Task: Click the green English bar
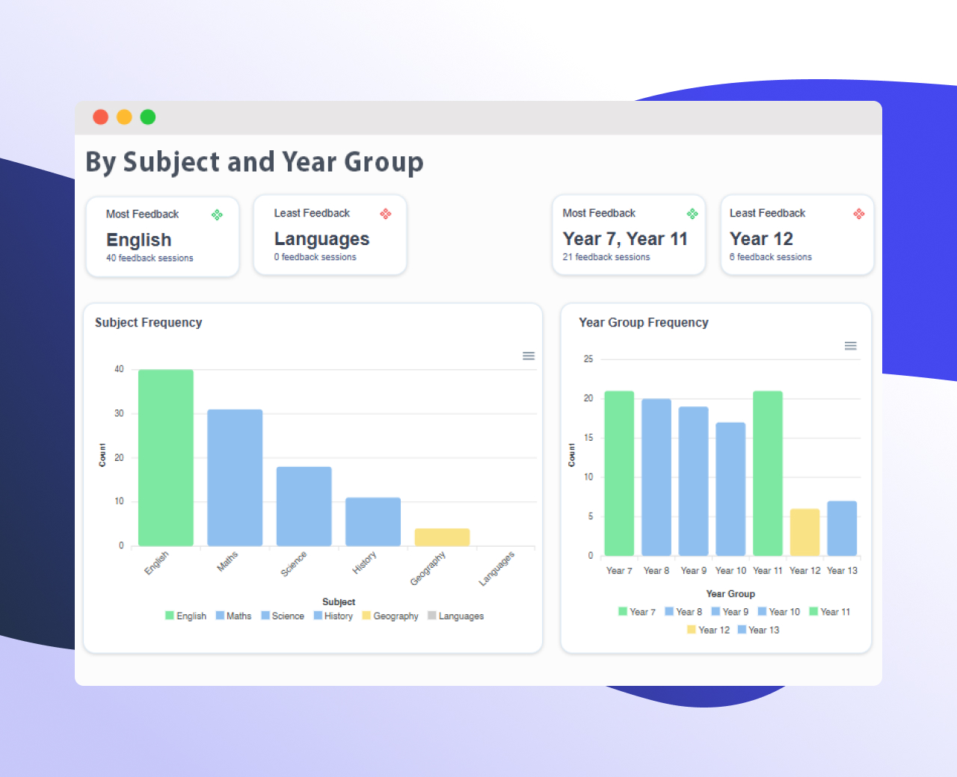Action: pyautogui.click(x=166, y=457)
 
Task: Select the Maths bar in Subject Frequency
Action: pyautogui.click(x=235, y=477)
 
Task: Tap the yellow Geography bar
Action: pyautogui.click(x=442, y=537)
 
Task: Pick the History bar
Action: pyautogui.click(x=373, y=521)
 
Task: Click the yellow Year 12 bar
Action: pyautogui.click(x=804, y=532)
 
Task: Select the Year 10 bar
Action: pyautogui.click(x=730, y=489)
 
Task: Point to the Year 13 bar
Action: pyautogui.click(x=842, y=528)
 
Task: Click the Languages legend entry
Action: pyautogui.click(x=456, y=616)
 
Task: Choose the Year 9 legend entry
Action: pyautogui.click(x=730, y=612)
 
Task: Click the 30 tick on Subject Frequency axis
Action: pyautogui.click(x=119, y=413)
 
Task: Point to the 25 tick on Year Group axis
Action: pyautogui.click(x=588, y=359)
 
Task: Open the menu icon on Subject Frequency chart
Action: pyautogui.click(x=529, y=356)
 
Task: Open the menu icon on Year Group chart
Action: pyautogui.click(x=851, y=346)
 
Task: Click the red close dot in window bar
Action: pyautogui.click(x=100, y=117)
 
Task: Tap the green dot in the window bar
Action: pyautogui.click(x=148, y=117)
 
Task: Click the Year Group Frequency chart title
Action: pyautogui.click(x=644, y=323)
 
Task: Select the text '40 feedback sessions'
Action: pyautogui.click(x=150, y=259)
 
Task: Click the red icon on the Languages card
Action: pyautogui.click(x=386, y=214)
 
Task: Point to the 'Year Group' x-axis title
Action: pyautogui.click(x=730, y=594)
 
